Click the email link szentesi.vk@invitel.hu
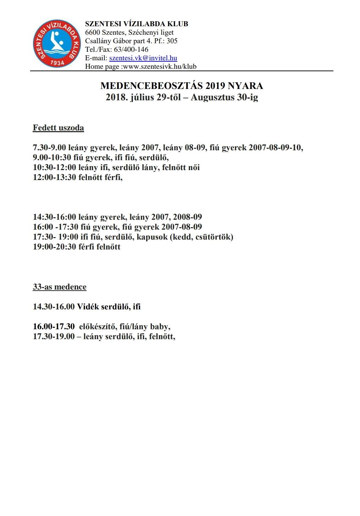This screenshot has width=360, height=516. coord(143,58)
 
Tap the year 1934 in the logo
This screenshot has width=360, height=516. coord(57,63)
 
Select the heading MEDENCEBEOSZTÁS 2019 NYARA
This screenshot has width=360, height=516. coord(182,86)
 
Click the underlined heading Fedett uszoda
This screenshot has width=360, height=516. coord(58,128)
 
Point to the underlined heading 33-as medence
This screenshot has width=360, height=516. coord(60,287)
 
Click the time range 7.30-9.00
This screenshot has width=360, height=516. coord(49,148)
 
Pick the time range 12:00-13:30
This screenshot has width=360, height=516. coord(54,178)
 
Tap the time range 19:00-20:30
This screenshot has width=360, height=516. coord(54,247)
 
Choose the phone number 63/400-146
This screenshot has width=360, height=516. coord(131,50)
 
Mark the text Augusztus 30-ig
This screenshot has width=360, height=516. coord(224,97)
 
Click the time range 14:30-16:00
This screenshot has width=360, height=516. coord(54,217)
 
